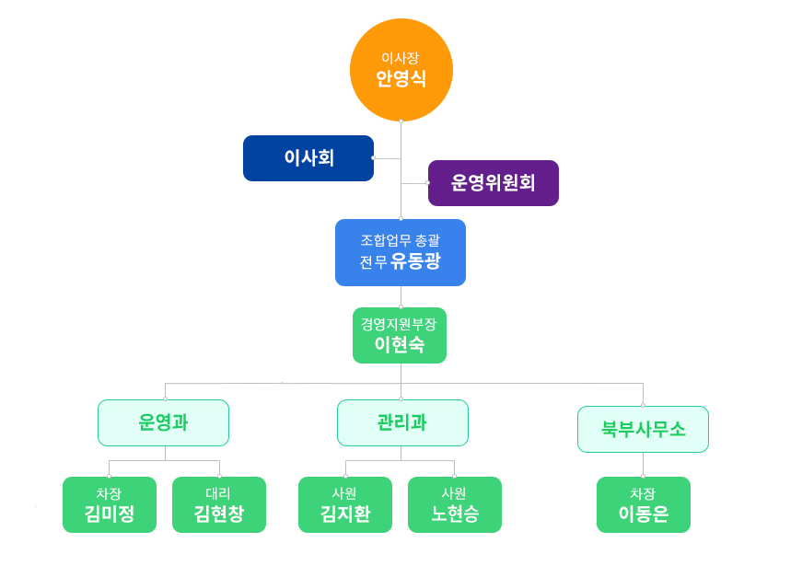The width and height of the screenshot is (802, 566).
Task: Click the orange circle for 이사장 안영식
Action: point(401,70)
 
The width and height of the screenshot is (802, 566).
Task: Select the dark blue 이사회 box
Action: point(308,158)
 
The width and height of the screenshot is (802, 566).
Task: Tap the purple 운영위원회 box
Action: point(493,183)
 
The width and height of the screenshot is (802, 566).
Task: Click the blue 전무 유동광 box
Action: point(401,252)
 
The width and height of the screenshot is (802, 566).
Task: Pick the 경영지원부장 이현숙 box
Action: point(400,335)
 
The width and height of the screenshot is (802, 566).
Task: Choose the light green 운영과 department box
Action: point(163,422)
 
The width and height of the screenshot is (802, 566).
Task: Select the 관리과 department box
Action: point(402,422)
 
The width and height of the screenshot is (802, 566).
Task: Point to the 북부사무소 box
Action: point(643,429)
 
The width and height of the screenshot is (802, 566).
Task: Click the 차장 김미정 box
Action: point(110,504)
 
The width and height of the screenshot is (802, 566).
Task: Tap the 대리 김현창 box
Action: point(219,504)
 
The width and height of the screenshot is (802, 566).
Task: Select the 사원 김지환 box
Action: point(345,504)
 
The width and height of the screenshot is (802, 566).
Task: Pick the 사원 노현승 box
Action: point(455,504)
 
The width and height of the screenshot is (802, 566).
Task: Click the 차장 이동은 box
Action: point(644,504)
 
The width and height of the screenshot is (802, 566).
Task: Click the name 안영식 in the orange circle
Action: point(401,79)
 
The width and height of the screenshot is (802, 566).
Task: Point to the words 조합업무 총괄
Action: point(400,240)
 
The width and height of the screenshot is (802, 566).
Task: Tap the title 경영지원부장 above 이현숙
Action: point(399,324)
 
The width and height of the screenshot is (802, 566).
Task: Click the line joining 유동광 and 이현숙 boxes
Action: point(401,296)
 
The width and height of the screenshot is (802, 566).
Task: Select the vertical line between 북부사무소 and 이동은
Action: point(643,465)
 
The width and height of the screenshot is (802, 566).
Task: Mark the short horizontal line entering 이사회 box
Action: point(388,158)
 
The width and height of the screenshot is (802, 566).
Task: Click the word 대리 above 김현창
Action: point(218,493)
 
